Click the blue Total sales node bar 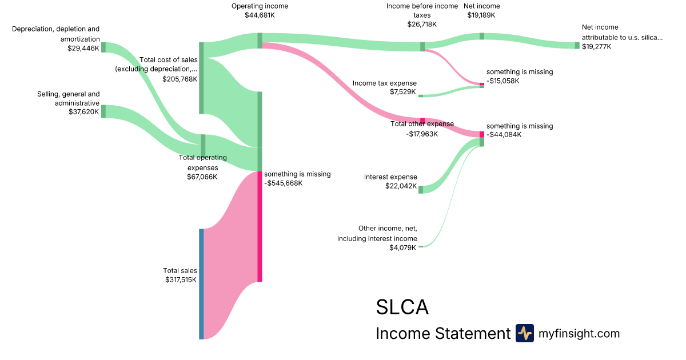[201, 284]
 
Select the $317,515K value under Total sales [181, 280]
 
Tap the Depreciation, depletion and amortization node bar [103, 47]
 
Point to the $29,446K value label [83, 49]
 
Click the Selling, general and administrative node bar [103, 111]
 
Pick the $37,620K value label [84, 112]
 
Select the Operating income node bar [260, 41]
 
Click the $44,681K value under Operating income [260, 15]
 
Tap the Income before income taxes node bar [422, 47]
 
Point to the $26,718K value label [422, 25]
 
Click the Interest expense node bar [421, 189]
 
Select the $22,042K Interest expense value [401, 186]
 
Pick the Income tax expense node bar [421, 96]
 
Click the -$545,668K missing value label [284, 183]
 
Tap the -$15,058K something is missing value [503, 81]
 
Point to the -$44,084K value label [504, 135]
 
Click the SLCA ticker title [402, 307]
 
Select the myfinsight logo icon [524, 333]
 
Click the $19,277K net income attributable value [596, 46]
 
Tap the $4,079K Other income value [403, 247]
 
